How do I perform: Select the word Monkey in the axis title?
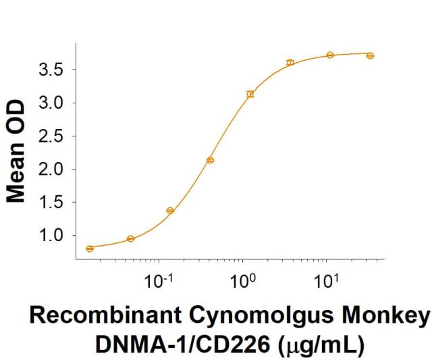coord(392,317)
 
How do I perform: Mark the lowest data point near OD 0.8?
coord(90,249)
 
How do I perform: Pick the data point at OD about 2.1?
coord(210,160)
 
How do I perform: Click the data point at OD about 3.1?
coord(250,94)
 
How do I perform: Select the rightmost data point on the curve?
coord(370,55)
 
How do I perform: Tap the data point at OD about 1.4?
coord(170,211)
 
